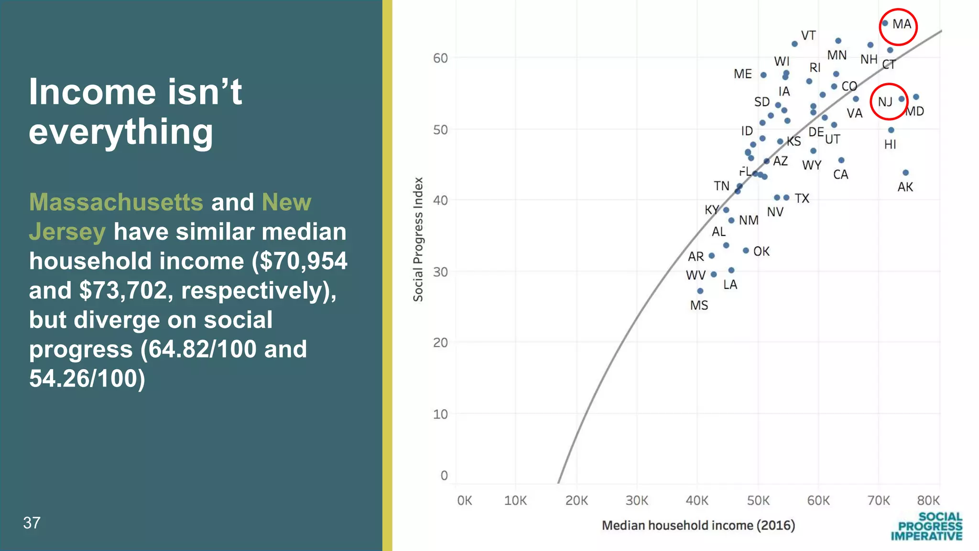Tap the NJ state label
pyautogui.click(x=885, y=102)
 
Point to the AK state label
pyautogui.click(x=905, y=187)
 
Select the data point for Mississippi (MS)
pyautogui.click(x=700, y=291)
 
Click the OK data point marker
pyautogui.click(x=746, y=251)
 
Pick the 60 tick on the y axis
pyautogui.click(x=440, y=58)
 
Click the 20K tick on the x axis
pyautogui.click(x=577, y=501)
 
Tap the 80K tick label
pyautogui.click(x=928, y=501)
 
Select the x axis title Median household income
pyautogui.click(x=698, y=525)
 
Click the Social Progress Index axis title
pyautogui.click(x=418, y=239)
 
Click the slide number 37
pyautogui.click(x=32, y=523)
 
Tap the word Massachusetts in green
pyautogui.click(x=116, y=202)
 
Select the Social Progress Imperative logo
pyautogui.click(x=926, y=526)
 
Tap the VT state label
pyautogui.click(x=808, y=36)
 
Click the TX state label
pyautogui.click(x=802, y=198)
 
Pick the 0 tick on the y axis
pyautogui.click(x=444, y=475)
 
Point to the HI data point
pyautogui.click(x=891, y=130)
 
